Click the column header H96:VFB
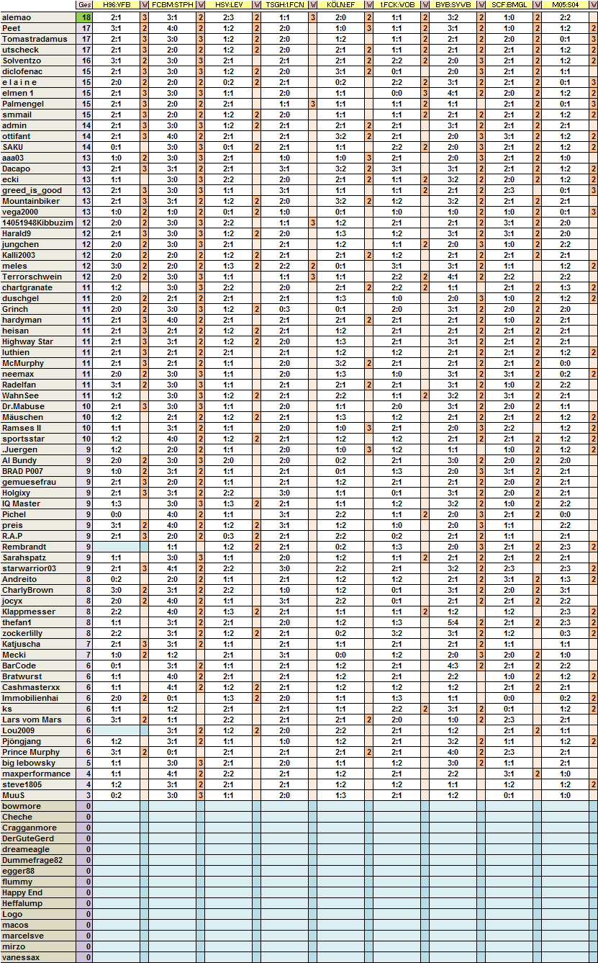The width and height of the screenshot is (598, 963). [117, 5]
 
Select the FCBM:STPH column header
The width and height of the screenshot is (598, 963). [172, 5]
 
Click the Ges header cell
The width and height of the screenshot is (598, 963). [85, 5]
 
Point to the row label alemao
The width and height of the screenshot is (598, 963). [17, 17]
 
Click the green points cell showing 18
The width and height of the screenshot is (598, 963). [85, 17]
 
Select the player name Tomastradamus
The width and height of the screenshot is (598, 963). [35, 39]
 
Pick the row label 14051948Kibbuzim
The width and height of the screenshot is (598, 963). [37, 223]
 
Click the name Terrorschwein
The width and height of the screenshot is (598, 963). [32, 277]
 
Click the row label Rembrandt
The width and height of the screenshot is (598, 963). [24, 547]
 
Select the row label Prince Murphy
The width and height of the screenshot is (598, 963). [31, 752]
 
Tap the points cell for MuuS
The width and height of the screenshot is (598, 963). [85, 795]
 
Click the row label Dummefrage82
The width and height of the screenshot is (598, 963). [32, 860]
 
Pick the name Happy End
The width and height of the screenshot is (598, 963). [23, 892]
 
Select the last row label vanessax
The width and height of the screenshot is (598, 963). [21, 957]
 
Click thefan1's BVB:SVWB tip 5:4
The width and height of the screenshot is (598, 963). [453, 622]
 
